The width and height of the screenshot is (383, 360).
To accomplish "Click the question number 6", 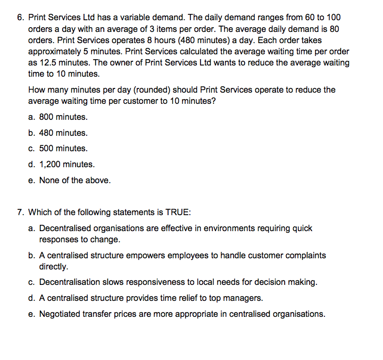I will pos(20,17).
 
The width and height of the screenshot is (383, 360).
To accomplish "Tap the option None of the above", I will pos(75,181).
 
